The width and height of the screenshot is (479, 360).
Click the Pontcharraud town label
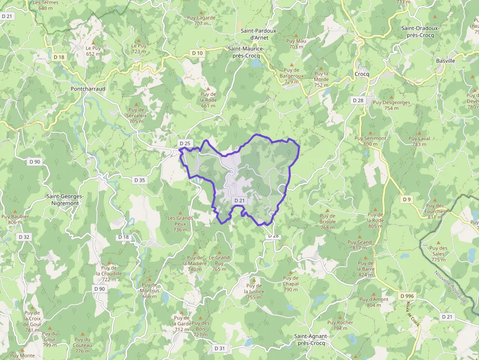coord(88,89)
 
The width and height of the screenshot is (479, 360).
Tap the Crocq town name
coord(362,74)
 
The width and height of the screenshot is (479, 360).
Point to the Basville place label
coord(445,61)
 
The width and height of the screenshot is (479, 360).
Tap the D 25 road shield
coord(185,143)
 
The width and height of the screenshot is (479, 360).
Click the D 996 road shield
coord(407,296)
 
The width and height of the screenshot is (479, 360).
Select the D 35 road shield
coord(139,180)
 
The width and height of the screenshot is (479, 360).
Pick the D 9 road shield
coord(407,199)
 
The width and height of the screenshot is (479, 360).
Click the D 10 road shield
coord(197,53)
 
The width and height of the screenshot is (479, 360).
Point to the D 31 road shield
coord(220,348)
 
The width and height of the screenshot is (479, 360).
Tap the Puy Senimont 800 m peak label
coord(370,141)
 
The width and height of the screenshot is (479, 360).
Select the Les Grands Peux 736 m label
coord(180,224)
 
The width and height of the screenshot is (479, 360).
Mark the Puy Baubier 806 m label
coord(15,219)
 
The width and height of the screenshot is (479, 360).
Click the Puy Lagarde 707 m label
coord(201,21)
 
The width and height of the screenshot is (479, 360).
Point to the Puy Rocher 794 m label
coord(340,325)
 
